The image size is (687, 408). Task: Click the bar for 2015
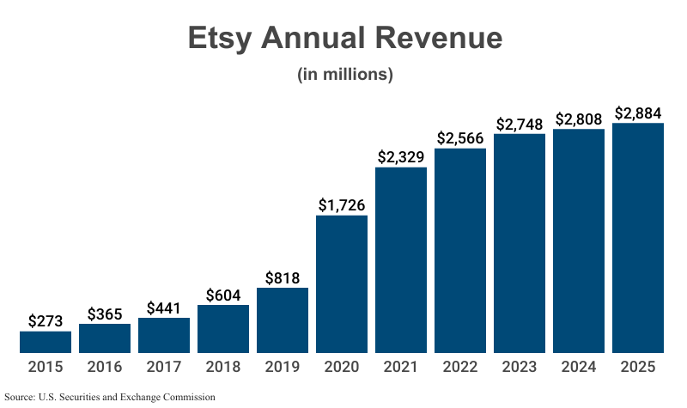[46, 342]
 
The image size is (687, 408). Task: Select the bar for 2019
[283, 320]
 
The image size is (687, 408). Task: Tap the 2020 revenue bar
[342, 284]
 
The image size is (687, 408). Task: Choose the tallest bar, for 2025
[639, 238]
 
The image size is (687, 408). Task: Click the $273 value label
[46, 321]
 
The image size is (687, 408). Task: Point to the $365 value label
[105, 314]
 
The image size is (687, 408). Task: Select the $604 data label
[223, 295]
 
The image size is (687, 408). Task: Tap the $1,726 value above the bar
[342, 205]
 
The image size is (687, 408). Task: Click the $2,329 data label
[401, 157]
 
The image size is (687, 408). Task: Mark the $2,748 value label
[520, 124]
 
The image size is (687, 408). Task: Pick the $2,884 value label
[639, 113]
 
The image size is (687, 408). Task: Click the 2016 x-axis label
[105, 367]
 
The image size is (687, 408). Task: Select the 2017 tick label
[164, 367]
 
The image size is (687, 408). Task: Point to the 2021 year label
[401, 367]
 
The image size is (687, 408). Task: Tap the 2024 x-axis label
[580, 367]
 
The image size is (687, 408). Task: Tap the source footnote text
[109, 397]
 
